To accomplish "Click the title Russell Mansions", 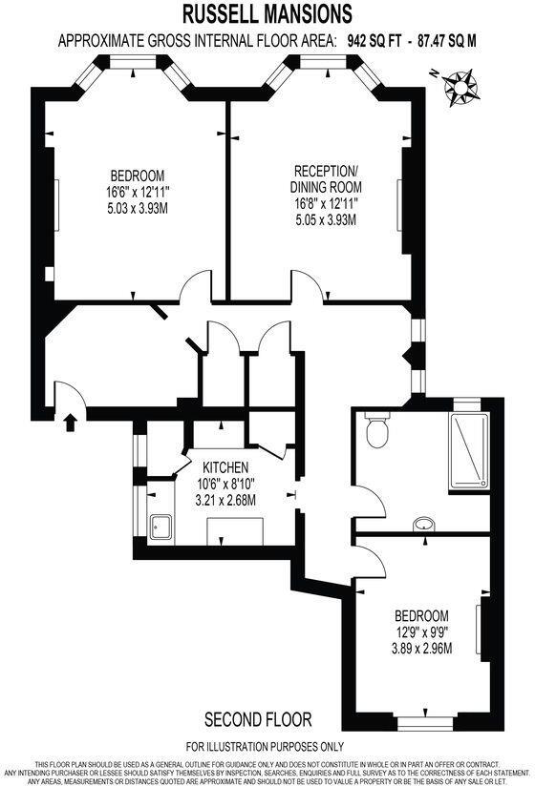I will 267,13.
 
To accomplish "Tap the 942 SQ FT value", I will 376,40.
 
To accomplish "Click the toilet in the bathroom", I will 377,432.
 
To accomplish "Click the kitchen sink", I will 160,524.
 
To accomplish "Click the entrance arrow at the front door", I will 70,421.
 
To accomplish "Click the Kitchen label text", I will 225,467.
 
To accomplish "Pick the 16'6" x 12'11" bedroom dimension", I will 137,192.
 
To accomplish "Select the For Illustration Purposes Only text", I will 265,746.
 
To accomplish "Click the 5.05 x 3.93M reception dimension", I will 327,219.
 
